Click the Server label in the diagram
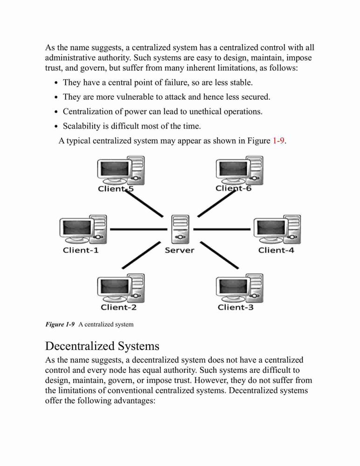point(180,250)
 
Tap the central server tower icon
point(180,229)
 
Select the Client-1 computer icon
point(83,229)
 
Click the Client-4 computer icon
point(277,229)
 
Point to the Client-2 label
point(119,307)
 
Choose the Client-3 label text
point(235,307)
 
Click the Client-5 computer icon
point(121,170)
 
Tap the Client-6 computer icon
point(240,170)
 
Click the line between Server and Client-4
point(222,229)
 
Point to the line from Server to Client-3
point(219,255)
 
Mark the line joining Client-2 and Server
point(141,255)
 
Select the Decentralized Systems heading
point(102,346)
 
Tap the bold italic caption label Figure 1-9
point(60,324)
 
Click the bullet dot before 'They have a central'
point(56,83)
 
